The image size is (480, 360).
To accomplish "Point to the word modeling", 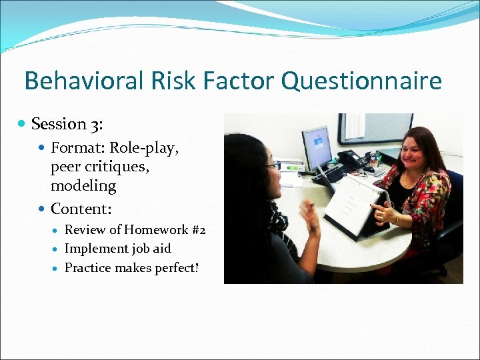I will pos(83,185).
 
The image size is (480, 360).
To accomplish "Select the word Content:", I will pos(81,209).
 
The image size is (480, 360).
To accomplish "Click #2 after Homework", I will pos(199,230).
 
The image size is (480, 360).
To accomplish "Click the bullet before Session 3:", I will pos(23,124).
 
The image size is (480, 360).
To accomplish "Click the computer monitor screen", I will pos(317,147).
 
